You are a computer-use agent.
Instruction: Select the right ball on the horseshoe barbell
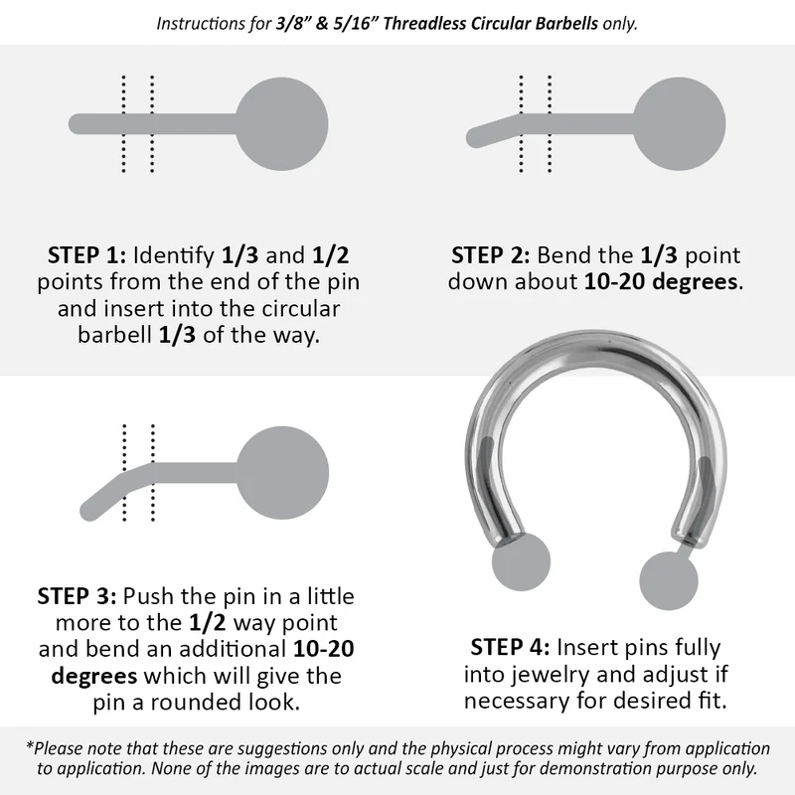tap(668, 580)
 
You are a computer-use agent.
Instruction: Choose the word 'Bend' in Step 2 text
tap(578, 254)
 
